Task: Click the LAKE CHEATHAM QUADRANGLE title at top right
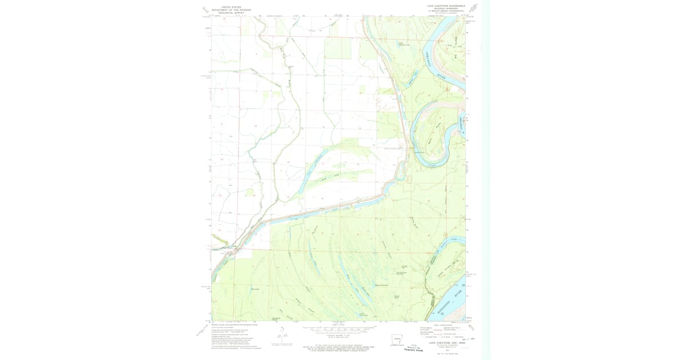[x=446, y=6]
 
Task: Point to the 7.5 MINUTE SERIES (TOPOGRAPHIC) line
[x=446, y=11]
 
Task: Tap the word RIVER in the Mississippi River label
[x=457, y=292]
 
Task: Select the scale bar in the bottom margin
[x=337, y=330]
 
